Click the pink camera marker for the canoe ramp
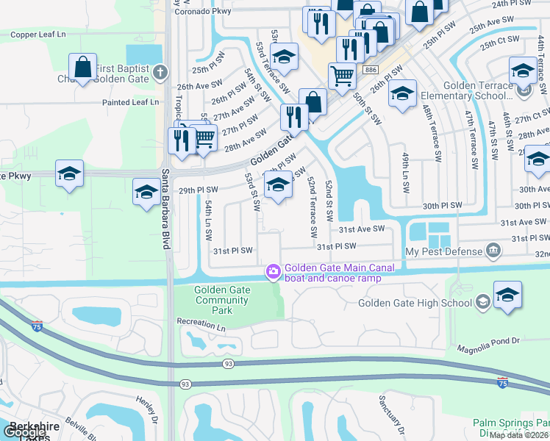274,273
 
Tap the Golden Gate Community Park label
222,300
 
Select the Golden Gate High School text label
415,303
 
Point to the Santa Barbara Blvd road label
165,209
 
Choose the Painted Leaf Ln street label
131,102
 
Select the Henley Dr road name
146,409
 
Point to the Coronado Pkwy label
202,11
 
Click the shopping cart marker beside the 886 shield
342,74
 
